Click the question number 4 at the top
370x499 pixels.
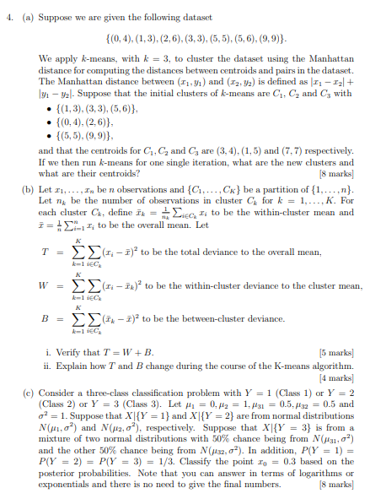pos(6,11)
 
